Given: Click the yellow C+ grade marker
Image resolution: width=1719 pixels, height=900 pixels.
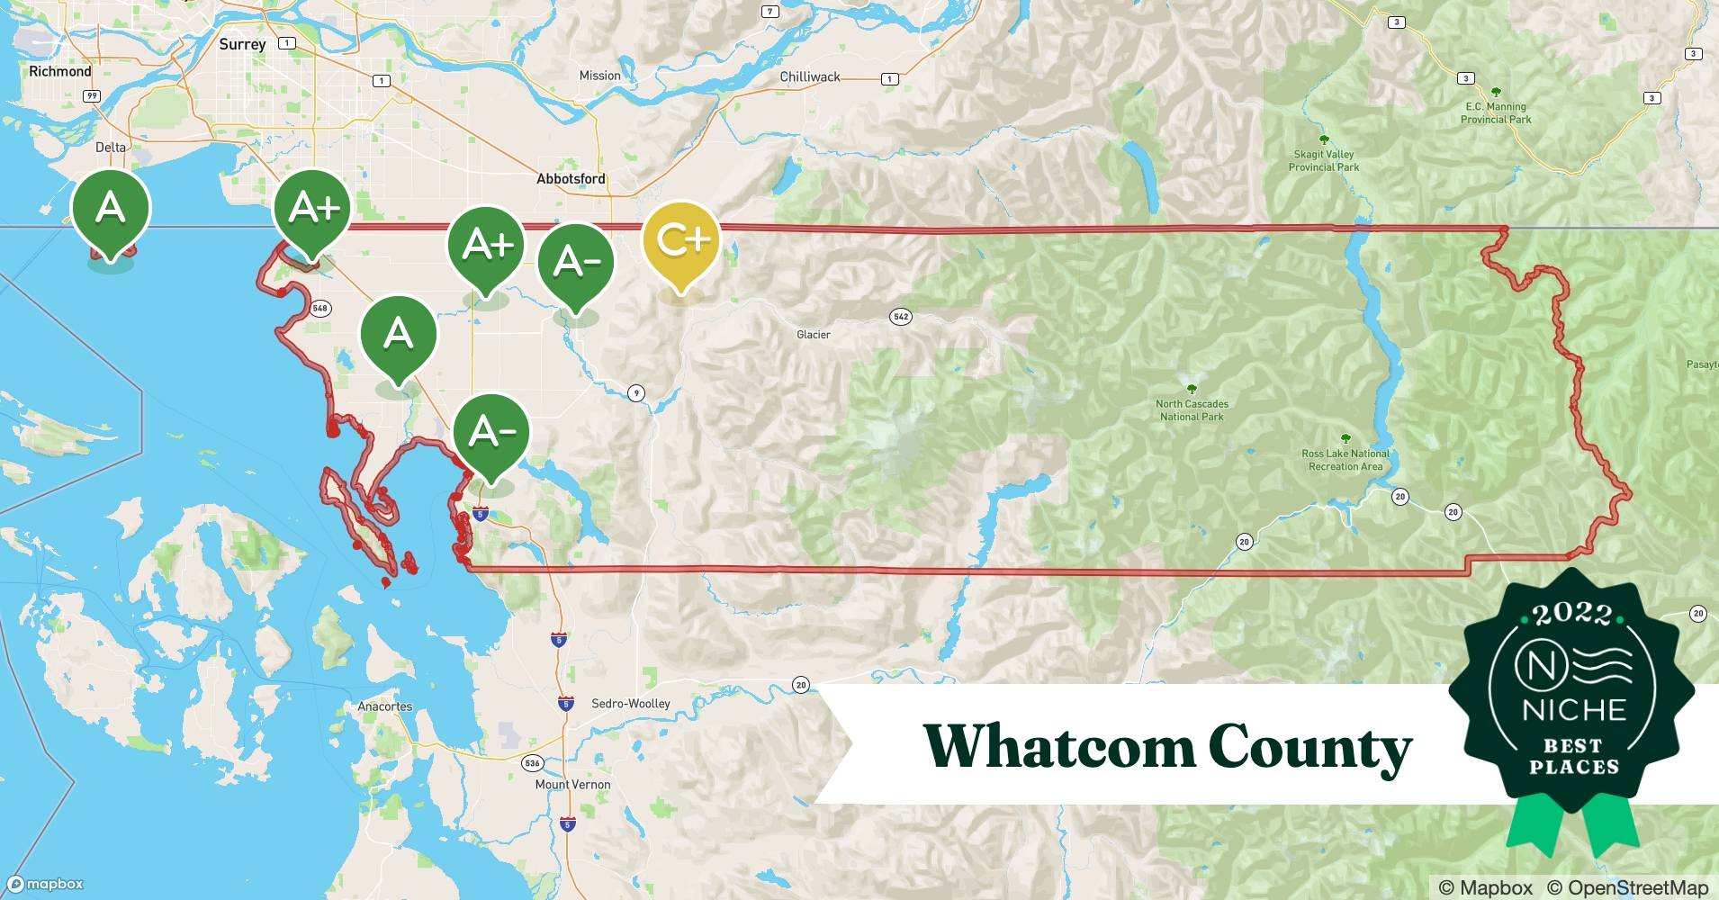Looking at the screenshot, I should click(x=681, y=241).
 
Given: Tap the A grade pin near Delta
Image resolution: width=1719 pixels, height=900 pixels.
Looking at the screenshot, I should click(x=111, y=209).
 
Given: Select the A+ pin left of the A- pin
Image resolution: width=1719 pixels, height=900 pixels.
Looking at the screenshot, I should click(x=487, y=246).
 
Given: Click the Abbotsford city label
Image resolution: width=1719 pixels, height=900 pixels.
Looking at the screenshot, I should click(x=571, y=179).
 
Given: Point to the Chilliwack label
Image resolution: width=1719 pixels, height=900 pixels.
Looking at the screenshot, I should click(x=810, y=77).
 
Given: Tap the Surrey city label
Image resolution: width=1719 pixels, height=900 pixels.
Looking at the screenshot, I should click(x=242, y=44).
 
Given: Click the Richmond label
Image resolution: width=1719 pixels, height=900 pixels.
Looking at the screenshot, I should click(x=60, y=71).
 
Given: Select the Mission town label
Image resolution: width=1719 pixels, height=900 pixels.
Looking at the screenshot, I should click(x=599, y=76).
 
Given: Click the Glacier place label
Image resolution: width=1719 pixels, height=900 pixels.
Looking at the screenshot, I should click(x=814, y=335).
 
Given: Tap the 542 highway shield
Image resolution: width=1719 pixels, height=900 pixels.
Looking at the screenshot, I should click(x=901, y=317).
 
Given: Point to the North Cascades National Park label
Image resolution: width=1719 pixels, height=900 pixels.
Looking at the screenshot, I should click(x=1192, y=409).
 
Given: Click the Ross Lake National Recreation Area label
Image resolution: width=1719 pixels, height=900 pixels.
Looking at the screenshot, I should click(x=1345, y=460).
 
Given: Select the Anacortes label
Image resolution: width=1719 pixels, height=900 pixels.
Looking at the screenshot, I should click(x=385, y=706).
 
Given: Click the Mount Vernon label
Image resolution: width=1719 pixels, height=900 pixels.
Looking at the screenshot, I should click(x=572, y=785).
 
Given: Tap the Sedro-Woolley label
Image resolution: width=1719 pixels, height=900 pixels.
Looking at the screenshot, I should click(x=630, y=704).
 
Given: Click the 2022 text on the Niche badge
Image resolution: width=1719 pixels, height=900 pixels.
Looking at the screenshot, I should click(x=1572, y=614).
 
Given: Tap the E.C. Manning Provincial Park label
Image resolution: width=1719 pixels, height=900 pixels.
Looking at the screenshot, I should click(x=1496, y=112).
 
